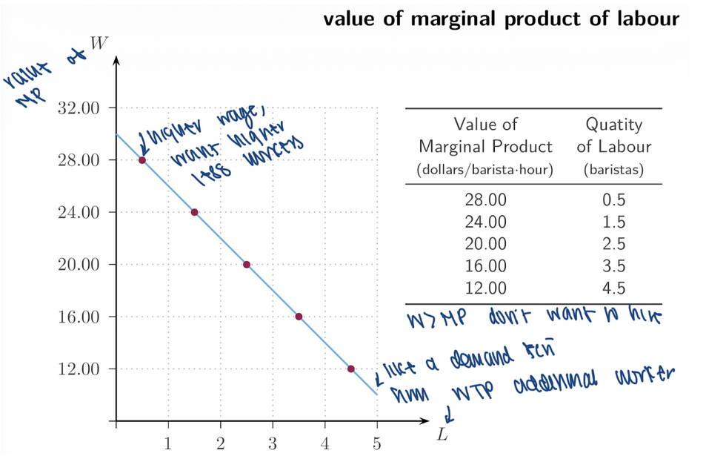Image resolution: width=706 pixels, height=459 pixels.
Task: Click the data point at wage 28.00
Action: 142,160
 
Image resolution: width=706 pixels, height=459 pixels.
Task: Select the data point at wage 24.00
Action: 194,212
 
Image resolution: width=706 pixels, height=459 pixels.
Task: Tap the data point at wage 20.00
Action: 247,264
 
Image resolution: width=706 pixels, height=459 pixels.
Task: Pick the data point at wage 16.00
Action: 299,317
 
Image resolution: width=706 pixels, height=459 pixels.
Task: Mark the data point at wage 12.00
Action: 350,369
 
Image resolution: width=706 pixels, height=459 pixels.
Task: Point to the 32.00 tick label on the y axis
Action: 78,108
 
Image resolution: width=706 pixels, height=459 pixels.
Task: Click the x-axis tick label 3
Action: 273,444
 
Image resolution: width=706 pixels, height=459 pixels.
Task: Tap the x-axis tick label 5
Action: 377,444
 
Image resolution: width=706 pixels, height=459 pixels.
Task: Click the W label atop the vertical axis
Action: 97,42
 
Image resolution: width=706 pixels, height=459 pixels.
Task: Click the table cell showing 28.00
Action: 485,199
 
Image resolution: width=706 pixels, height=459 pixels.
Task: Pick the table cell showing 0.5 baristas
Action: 613,199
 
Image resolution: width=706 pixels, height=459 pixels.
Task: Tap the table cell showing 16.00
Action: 485,265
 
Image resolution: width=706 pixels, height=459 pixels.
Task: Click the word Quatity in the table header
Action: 613,125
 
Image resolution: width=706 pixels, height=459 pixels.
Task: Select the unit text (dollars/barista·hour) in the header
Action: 485,169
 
